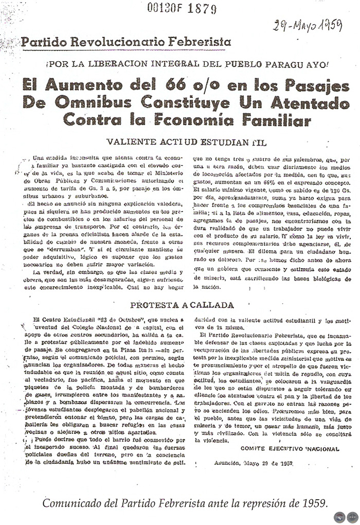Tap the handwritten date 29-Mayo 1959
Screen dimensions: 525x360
308,24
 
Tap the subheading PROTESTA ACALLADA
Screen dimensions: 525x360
182,305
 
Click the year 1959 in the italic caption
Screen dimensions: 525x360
310,502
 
